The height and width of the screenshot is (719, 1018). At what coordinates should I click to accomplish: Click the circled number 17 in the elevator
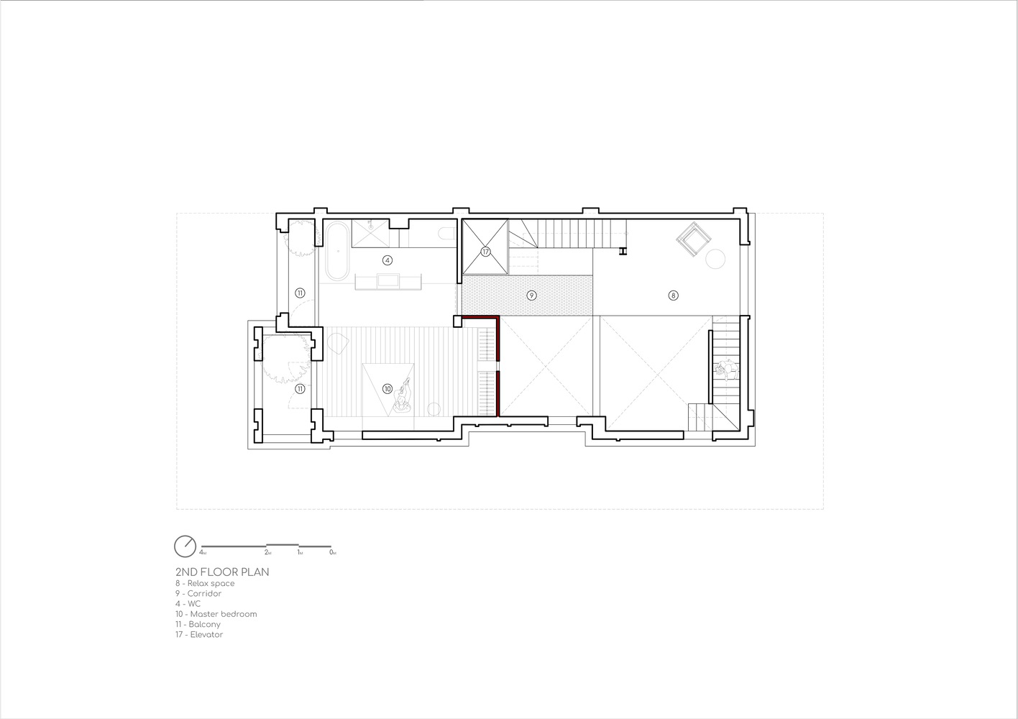click(485, 252)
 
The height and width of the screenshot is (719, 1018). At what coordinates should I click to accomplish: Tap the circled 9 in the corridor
click(531, 296)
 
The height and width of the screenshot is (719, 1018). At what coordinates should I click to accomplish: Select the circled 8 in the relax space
click(673, 296)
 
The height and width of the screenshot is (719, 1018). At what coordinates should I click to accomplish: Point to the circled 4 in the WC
click(388, 260)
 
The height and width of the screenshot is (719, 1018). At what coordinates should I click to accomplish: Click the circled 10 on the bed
click(388, 388)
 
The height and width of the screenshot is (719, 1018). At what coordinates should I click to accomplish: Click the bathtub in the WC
click(337, 251)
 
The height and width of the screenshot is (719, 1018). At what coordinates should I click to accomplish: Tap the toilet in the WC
click(448, 234)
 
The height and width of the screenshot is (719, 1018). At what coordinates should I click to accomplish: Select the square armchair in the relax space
click(694, 239)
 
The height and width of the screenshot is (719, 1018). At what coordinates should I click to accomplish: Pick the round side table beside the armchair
click(715, 259)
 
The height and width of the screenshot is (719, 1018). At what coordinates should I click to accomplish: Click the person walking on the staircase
click(726, 369)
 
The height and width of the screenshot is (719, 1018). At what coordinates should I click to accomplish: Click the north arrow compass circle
click(185, 546)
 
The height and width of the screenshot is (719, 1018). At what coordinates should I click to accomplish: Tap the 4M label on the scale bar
click(203, 553)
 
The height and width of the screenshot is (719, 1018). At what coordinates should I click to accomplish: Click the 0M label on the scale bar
click(333, 553)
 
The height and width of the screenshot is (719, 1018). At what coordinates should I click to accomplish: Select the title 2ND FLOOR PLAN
click(222, 572)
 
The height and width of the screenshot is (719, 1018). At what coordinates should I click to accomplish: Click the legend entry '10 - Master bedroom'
click(216, 614)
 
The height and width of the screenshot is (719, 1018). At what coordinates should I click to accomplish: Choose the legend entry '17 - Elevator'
click(200, 634)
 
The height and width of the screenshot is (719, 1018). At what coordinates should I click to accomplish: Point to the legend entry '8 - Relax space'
click(206, 584)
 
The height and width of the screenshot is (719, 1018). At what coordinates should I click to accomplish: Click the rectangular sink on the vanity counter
click(388, 280)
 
